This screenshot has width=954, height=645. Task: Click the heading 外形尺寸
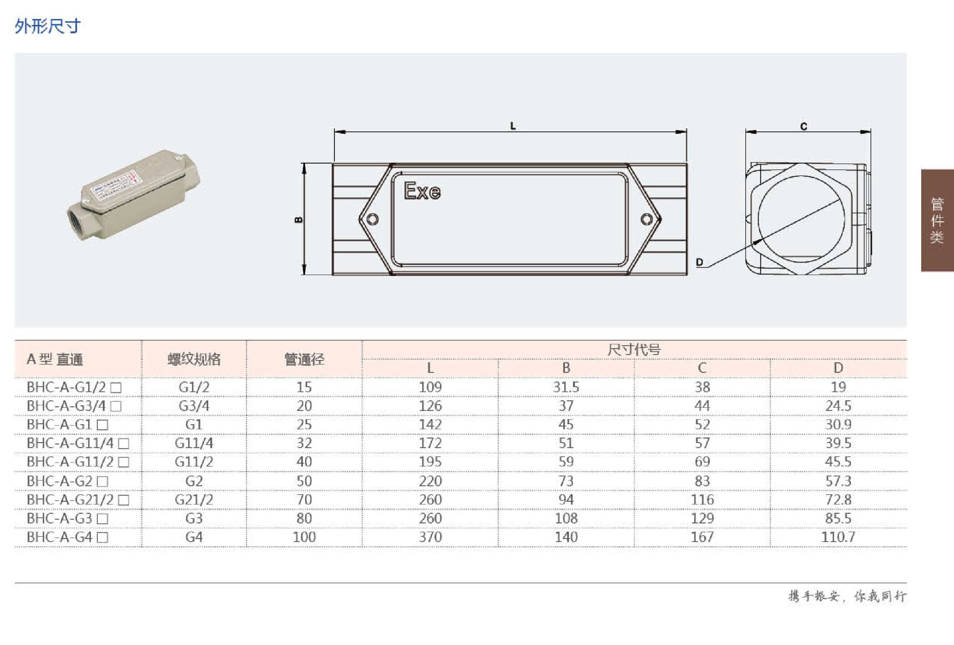pos(48,26)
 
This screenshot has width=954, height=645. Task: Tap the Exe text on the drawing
pos(422,191)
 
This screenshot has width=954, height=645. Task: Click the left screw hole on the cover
pos(372,219)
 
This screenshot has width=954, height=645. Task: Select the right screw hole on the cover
pos(646,219)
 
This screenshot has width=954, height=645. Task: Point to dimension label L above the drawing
pos(513,126)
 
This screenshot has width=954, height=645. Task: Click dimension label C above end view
pos(803,126)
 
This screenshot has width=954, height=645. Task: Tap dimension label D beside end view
pos(700,262)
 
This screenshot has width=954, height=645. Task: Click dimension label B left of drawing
pos(299,219)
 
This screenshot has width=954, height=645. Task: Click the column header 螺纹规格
pos(194,359)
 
